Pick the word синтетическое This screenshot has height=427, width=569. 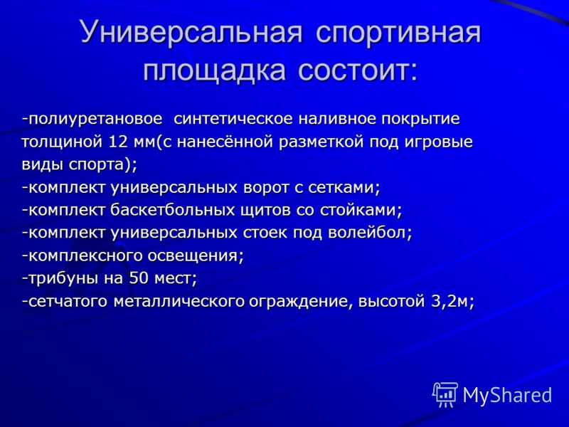[233, 119]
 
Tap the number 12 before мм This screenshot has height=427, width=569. [118, 142]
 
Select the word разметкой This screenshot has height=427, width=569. [321, 142]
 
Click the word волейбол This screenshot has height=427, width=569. [370, 233]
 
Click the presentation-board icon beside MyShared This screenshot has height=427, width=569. [445, 395]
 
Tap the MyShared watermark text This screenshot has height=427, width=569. [507, 395]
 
